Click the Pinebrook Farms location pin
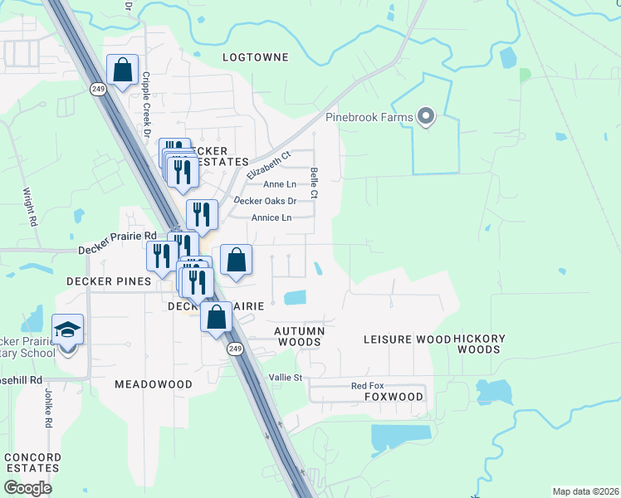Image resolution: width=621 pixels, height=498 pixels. (426, 116)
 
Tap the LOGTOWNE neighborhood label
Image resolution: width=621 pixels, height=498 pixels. (256, 57)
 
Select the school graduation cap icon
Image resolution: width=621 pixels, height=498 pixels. (67, 330)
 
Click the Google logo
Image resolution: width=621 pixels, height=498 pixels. (27, 488)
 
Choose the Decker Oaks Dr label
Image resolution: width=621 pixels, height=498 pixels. (265, 201)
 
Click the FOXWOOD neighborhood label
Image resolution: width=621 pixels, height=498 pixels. (394, 398)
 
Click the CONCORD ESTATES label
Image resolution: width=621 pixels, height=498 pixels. (32, 462)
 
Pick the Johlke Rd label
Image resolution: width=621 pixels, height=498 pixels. (48, 413)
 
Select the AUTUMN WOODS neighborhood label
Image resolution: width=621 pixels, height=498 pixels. (298, 336)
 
